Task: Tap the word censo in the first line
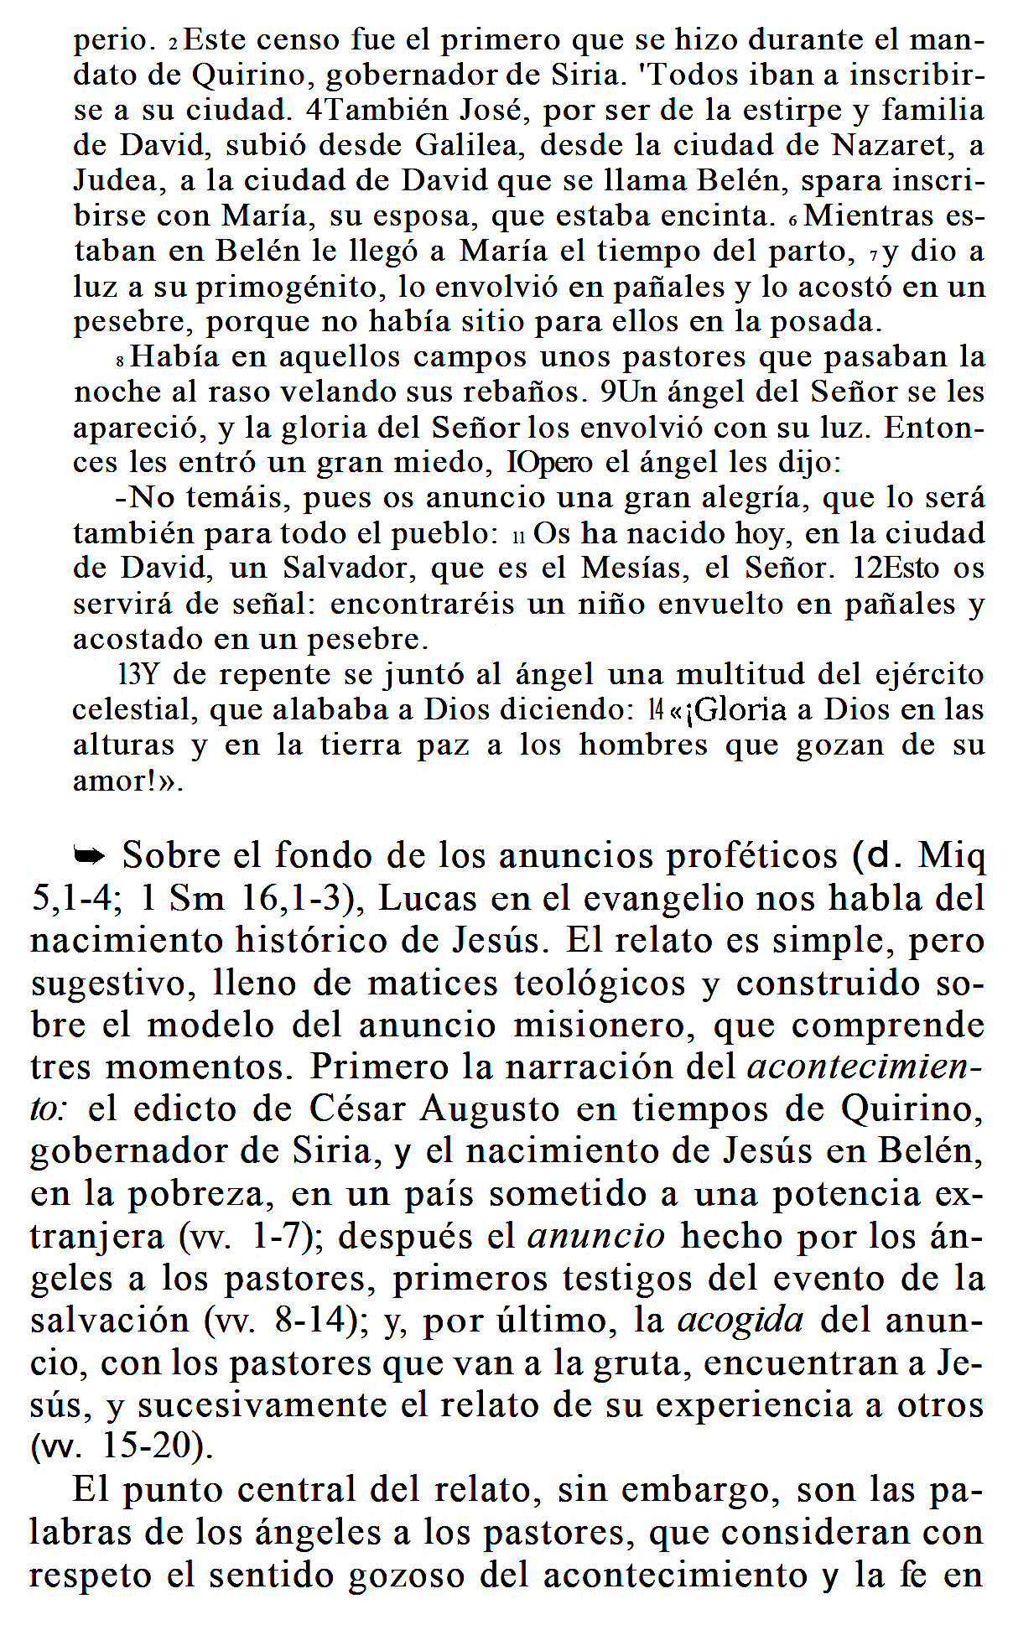298,40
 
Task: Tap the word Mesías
634,568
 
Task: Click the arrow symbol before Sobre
90,856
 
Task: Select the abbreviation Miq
953,856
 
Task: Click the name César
358,1109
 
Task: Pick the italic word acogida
740,1321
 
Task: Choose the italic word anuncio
596,1236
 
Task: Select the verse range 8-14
310,1321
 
